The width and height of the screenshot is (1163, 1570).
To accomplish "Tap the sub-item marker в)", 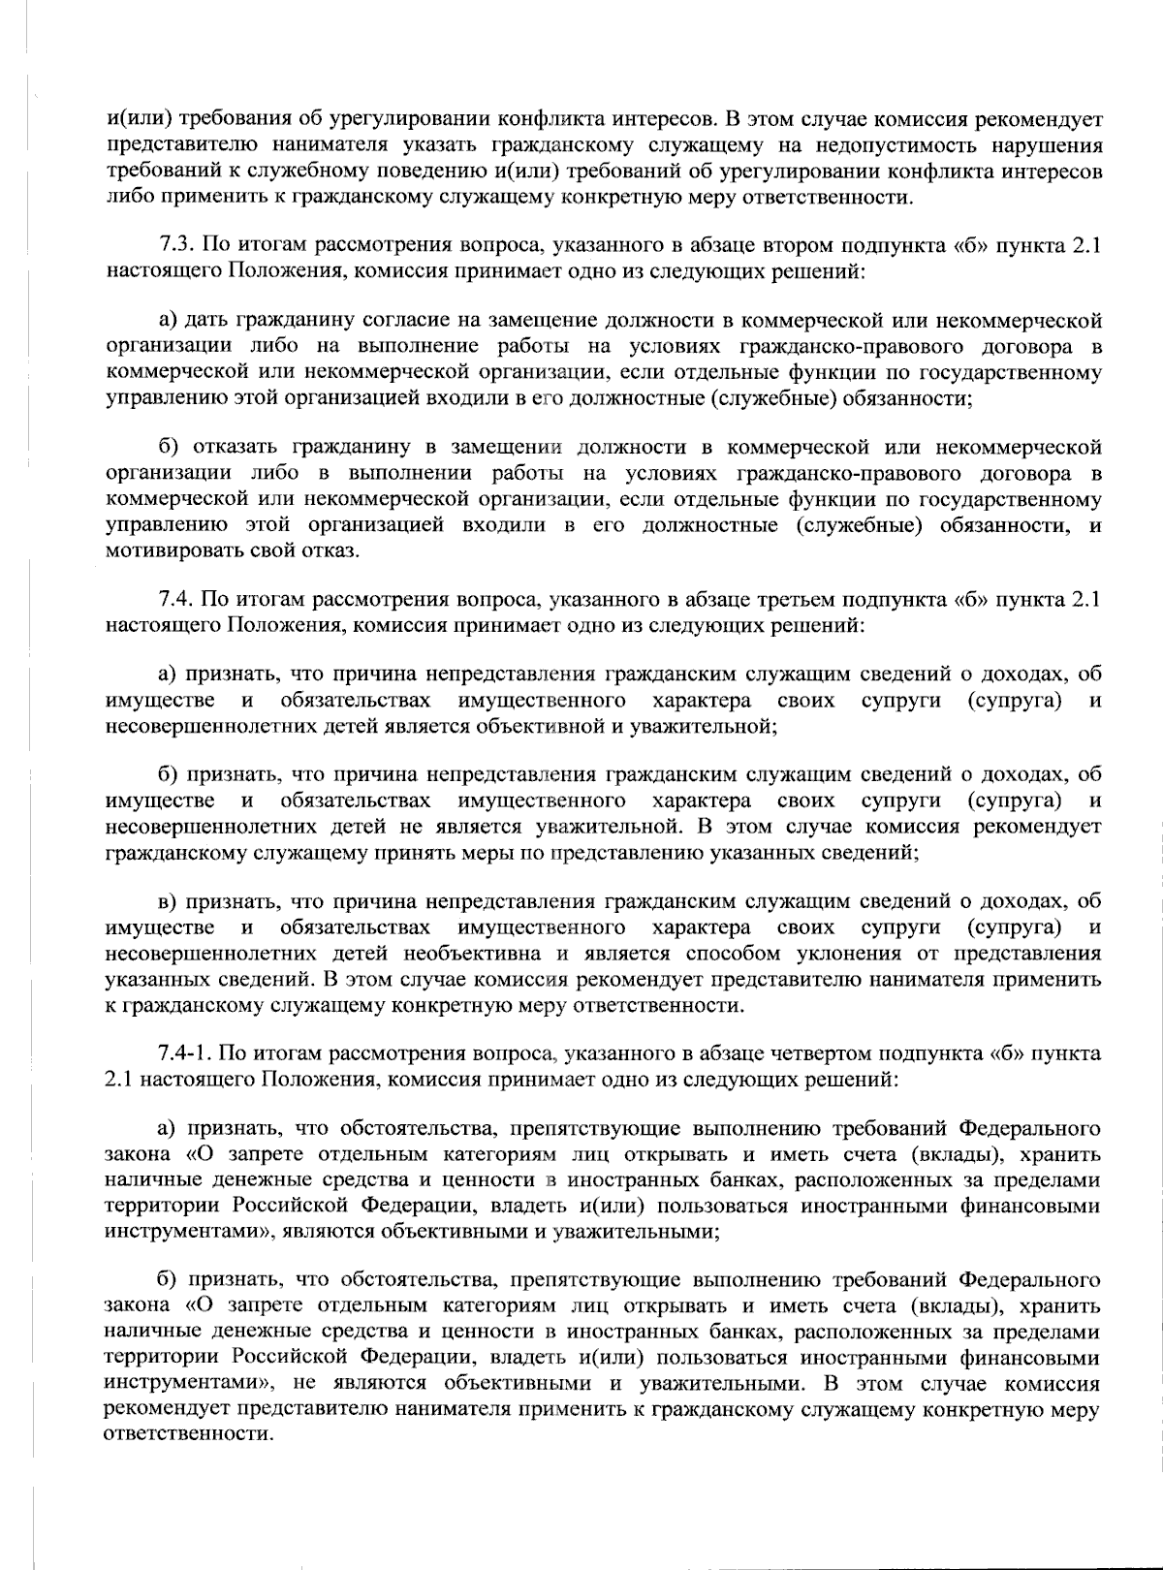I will pyautogui.click(x=169, y=902).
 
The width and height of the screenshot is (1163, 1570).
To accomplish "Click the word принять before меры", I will pyautogui.click(x=431, y=853).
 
